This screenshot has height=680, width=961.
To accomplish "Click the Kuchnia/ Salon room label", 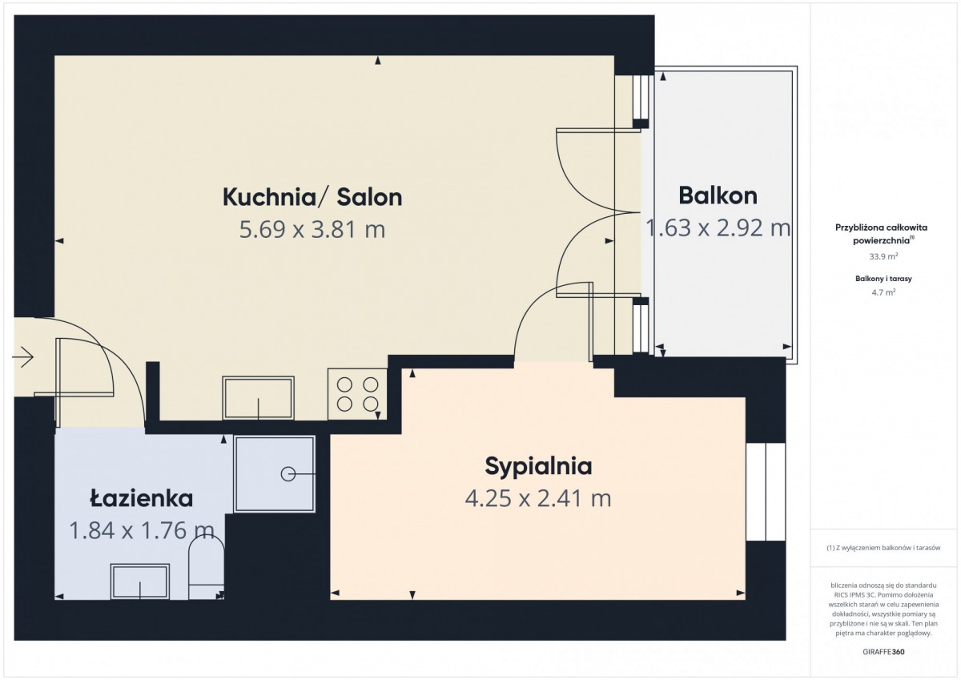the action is click(312, 197).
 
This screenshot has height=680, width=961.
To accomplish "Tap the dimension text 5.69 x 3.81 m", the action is click(312, 229).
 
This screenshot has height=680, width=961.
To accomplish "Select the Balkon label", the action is click(718, 195).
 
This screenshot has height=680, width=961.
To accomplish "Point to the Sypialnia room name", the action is click(538, 467).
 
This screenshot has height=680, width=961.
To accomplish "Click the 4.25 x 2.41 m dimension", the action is click(538, 498).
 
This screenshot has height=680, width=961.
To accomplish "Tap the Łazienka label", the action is click(141, 498).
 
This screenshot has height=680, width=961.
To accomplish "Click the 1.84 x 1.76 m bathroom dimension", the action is click(142, 530).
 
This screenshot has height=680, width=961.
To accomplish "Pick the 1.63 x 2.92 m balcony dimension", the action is click(718, 227).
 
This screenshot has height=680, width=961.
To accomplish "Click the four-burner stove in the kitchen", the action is click(357, 394).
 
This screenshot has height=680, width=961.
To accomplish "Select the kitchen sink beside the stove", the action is click(258, 398).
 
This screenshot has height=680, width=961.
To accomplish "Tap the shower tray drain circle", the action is click(287, 474).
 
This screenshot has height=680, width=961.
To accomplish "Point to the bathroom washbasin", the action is click(140, 581).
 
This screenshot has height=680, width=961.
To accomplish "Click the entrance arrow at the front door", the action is click(22, 356).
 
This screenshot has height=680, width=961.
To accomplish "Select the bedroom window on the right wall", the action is click(766, 492).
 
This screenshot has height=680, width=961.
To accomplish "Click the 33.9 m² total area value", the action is click(883, 256).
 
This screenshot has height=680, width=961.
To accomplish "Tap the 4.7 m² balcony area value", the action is click(883, 292).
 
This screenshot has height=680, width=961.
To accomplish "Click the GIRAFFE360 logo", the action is click(883, 652).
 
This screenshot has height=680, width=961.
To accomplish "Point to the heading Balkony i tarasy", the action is click(883, 279).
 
